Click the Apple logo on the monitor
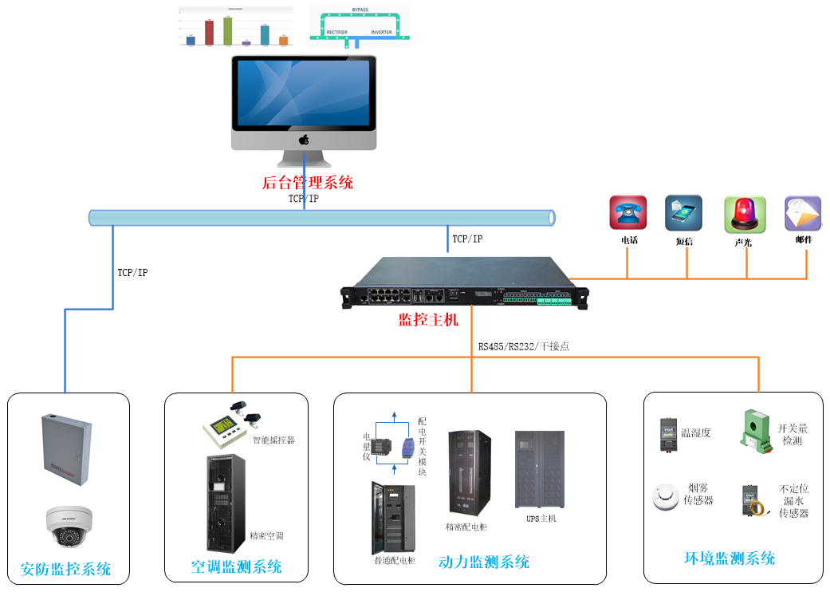coord(304,140)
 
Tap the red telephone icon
coord(627,213)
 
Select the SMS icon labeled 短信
coord(683,213)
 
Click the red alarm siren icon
coord(745,215)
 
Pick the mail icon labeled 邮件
coord(802,214)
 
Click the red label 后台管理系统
coord(307,183)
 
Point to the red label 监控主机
coord(428,321)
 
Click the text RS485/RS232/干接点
coord(523,346)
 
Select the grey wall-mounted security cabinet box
coord(66,449)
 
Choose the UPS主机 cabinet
coord(539,471)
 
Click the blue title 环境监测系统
coord(730,558)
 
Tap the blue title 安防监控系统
coord(65,570)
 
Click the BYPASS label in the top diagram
coord(360,10)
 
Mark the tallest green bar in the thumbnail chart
coord(227,30)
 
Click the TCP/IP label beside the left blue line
coord(132,273)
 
